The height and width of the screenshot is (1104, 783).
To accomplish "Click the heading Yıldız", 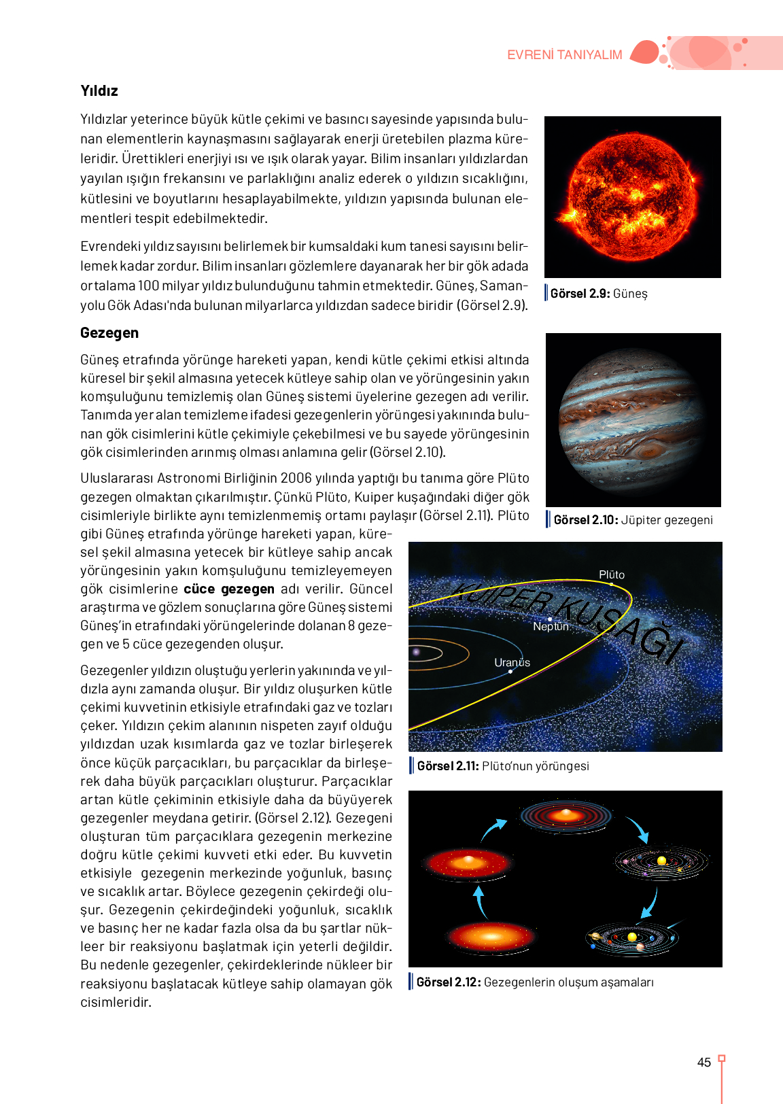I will point(99,91).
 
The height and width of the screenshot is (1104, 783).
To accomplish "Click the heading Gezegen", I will point(109,333).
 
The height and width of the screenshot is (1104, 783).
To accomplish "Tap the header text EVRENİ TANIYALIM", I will point(564,55).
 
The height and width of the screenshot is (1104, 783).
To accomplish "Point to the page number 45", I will point(704,1063).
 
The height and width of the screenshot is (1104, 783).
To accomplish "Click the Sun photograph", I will point(632,197).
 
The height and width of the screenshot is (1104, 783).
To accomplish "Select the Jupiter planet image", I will point(633,419).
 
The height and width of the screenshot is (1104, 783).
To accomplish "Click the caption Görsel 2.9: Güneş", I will point(599,294).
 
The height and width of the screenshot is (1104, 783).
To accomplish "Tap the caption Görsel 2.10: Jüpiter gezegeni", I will point(633,520).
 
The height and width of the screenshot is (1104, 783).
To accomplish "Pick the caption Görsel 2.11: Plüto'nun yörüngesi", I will point(503,766).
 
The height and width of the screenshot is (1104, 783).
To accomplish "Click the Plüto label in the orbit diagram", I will point(612,575).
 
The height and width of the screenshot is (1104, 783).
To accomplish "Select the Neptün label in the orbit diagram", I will point(551,627).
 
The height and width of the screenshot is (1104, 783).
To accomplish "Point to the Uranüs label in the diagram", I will point(512,663).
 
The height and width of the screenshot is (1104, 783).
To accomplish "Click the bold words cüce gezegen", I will point(229,589).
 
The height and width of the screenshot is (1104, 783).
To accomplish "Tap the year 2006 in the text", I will point(296,479).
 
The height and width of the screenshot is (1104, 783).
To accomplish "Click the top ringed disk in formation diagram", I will point(566,815).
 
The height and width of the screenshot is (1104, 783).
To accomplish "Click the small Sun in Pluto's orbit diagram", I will point(417,653).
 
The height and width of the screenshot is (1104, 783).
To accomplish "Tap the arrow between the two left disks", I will point(480,901).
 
